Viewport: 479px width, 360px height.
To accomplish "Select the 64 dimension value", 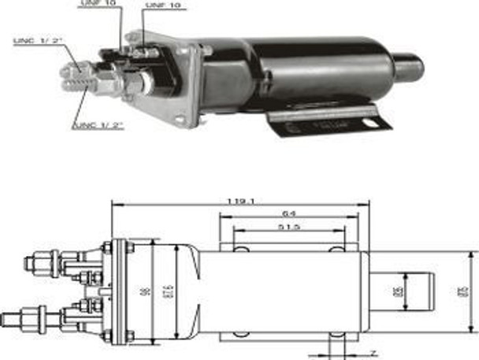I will tap(290, 215).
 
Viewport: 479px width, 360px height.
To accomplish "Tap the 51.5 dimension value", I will tap(289, 229).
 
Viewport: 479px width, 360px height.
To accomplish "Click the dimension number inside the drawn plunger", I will tap(398, 291).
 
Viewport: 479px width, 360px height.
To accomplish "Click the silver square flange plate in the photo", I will tap(185, 83).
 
